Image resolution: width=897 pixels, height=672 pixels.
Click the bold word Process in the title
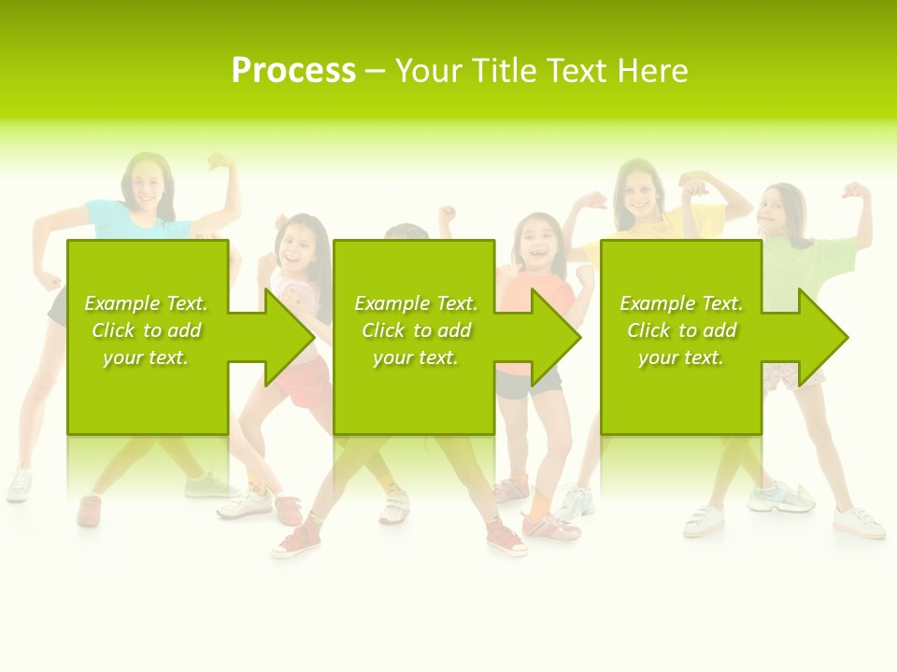(x=293, y=71)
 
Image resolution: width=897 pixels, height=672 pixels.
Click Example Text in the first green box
(x=146, y=303)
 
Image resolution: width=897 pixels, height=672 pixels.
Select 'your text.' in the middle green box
(x=415, y=357)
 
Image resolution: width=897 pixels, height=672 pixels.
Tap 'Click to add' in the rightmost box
(x=681, y=330)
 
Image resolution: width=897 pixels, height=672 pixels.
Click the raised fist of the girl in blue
(x=221, y=162)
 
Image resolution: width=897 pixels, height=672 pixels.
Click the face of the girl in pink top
(x=300, y=244)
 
